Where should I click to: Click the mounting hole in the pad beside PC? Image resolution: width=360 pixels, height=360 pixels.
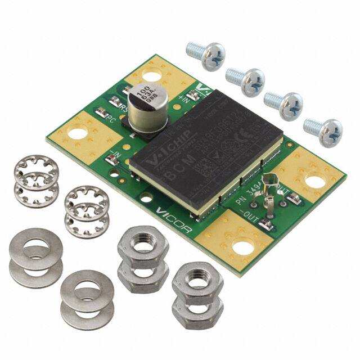pos(78,134)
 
